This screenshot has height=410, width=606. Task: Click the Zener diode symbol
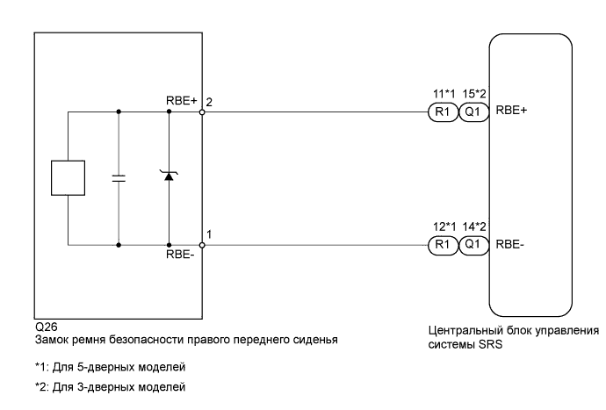click(169, 177)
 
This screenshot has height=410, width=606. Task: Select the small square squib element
click(69, 177)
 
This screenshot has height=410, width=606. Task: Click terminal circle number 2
click(202, 111)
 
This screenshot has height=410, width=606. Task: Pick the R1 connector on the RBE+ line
click(441, 112)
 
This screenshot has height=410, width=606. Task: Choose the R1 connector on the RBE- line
click(441, 245)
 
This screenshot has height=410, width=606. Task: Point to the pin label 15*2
click(475, 95)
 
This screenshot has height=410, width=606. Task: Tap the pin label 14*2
click(475, 227)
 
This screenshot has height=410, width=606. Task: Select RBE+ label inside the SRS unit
click(510, 112)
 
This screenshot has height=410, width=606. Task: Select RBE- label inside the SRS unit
click(509, 245)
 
